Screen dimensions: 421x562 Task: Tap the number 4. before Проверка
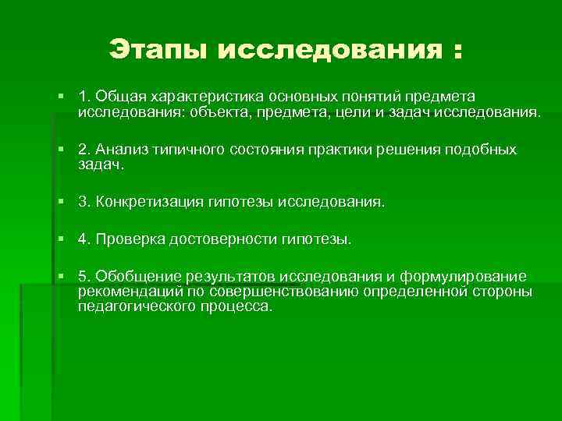(x=84, y=239)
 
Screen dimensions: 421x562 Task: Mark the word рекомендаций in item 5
(x=122, y=292)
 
